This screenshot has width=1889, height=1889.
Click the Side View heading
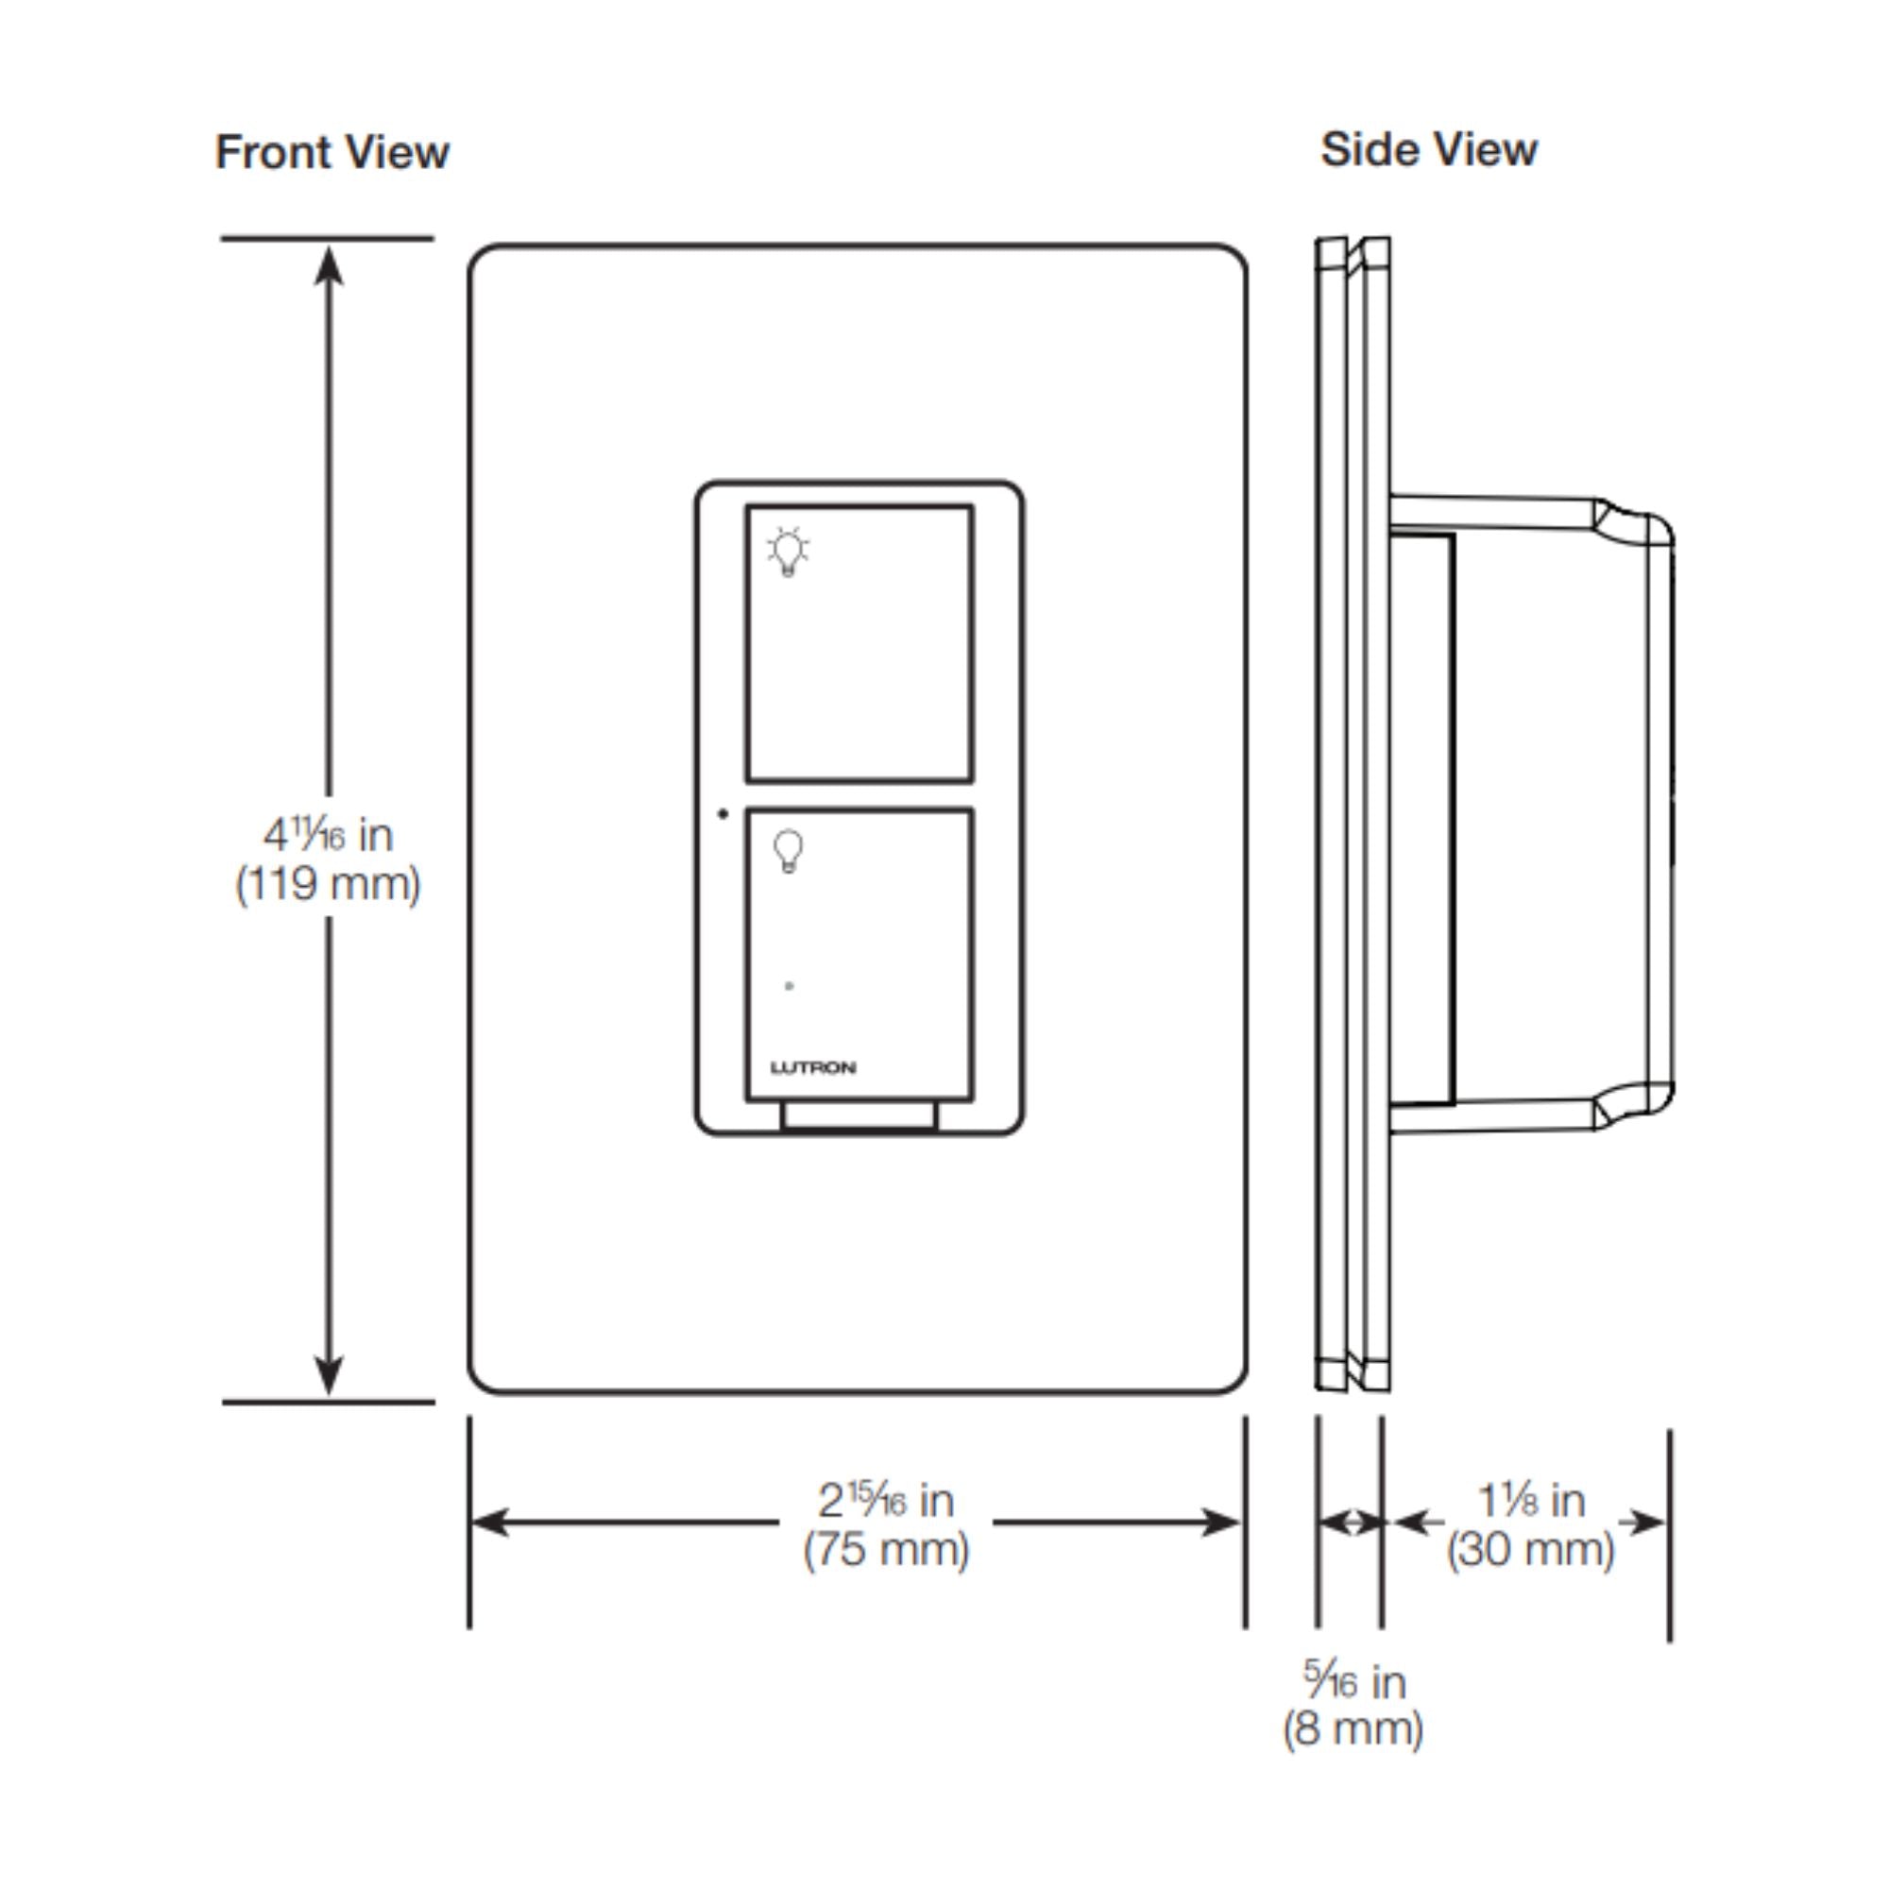coord(1428,149)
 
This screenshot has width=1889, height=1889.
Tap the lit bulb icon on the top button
coord(787,553)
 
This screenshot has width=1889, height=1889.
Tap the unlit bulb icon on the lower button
coord(788,851)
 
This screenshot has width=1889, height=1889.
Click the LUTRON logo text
coord(812,1067)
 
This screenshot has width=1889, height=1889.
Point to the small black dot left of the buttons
coord(723,813)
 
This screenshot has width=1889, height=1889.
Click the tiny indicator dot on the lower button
coord(789,985)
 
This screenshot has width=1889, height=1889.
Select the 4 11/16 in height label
coord(328,834)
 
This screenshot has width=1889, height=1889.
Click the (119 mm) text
coord(328,885)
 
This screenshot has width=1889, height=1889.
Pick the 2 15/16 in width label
coord(886,1500)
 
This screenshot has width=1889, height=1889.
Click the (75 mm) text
coord(886,1550)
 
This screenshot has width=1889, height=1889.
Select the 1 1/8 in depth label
coord(1531,1500)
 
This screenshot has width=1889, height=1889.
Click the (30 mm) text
coord(1531,1550)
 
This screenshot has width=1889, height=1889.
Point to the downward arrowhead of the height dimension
coord(329,1373)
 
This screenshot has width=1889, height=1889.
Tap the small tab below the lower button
coord(859,1116)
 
